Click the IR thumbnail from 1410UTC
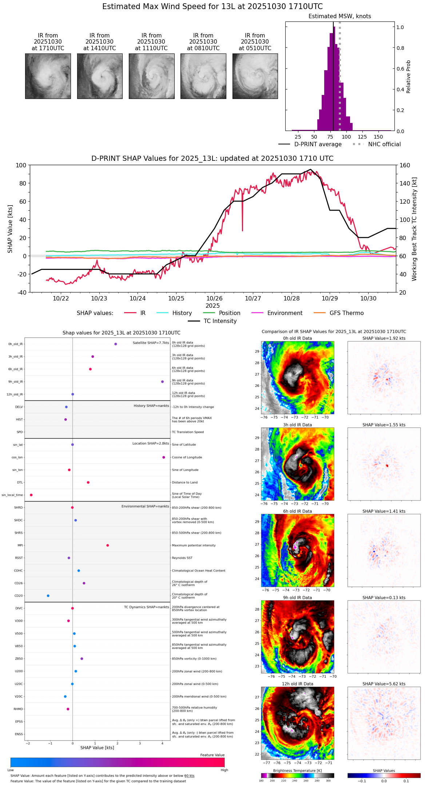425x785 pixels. pyautogui.click(x=100, y=76)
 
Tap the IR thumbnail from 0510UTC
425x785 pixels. pyautogui.click(x=255, y=76)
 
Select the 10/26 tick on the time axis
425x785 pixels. pyautogui.click(x=215, y=298)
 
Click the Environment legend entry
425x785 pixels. pyautogui.click(x=285, y=313)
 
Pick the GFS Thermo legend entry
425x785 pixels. pyautogui.click(x=346, y=313)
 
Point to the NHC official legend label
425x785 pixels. pyautogui.click(x=384, y=144)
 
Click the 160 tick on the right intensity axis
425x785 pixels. pyautogui.click(x=405, y=165)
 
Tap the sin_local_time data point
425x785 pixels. pyautogui.click(x=31, y=495)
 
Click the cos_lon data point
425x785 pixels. pyautogui.click(x=164, y=457)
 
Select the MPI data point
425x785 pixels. pyautogui.click(x=108, y=545)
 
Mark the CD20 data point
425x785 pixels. pyautogui.click(x=48, y=596)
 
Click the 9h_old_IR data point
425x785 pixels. pyautogui.click(x=162, y=382)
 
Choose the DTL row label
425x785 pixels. pyautogui.click(x=20, y=483)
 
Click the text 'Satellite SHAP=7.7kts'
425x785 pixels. pyautogui.click(x=151, y=343)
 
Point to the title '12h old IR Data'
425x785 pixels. pyautogui.click(x=297, y=684)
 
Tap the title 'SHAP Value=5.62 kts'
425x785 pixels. pyautogui.click(x=384, y=684)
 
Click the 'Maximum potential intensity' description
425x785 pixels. pyautogui.click(x=194, y=546)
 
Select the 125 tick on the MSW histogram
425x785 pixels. pyautogui.click(x=362, y=137)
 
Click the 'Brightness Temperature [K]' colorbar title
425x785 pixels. pyautogui.click(x=297, y=771)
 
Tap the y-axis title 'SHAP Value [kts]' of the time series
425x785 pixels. pyautogui.click(x=10, y=229)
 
